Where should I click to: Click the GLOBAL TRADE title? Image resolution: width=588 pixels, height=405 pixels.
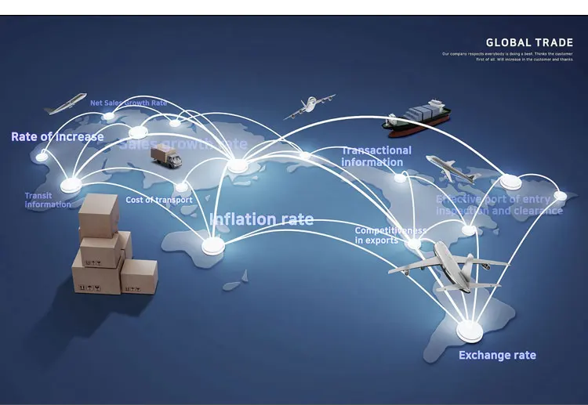click(x=529, y=43)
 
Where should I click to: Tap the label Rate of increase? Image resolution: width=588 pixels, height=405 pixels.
click(x=57, y=137)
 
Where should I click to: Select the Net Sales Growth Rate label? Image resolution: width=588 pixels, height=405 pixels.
click(x=129, y=103)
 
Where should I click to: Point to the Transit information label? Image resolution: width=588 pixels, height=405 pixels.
click(x=47, y=200)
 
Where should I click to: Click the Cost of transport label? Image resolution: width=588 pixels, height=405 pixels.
click(x=158, y=200)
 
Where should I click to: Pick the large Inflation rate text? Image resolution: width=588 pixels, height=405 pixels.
click(x=261, y=219)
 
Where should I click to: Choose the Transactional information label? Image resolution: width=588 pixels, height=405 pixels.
click(x=376, y=156)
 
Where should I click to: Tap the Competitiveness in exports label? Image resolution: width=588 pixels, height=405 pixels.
click(x=390, y=235)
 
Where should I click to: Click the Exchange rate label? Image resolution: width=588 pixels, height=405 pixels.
click(x=497, y=356)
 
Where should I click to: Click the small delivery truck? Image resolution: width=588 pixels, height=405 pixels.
click(x=165, y=156)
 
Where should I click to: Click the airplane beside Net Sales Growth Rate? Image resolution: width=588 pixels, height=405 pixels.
click(x=65, y=103)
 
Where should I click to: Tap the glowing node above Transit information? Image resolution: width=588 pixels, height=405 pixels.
click(x=71, y=185)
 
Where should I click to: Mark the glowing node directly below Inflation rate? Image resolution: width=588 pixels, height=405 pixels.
click(x=212, y=246)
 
